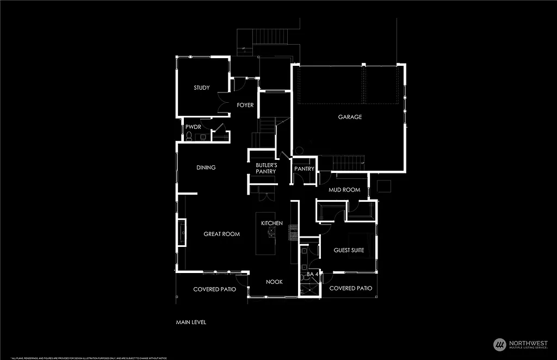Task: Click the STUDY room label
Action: point(202,88)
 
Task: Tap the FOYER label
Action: point(245,105)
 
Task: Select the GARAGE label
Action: point(350,117)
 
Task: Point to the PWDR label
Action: point(194,127)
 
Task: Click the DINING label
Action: point(206,167)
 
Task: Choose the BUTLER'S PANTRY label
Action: point(267,168)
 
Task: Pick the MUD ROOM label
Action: point(344,190)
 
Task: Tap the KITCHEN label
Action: point(271,224)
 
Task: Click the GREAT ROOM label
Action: point(221,234)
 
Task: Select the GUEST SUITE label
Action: point(349,251)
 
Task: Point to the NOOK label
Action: point(274,282)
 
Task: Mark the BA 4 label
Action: point(312,275)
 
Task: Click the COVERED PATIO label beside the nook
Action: point(214,289)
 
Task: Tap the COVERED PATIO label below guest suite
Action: point(351,288)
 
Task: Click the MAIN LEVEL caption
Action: point(191,322)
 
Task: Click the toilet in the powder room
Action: point(189,136)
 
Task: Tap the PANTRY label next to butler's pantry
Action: point(304,169)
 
